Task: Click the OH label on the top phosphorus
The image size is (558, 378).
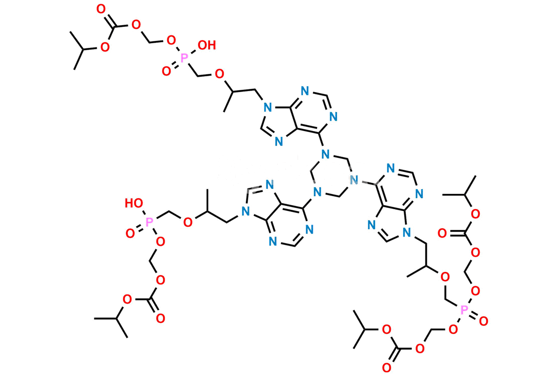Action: (x=207, y=45)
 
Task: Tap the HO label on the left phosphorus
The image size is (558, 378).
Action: (x=134, y=203)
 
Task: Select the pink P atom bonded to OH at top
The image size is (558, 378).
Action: (x=184, y=58)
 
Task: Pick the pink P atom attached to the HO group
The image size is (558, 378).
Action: (x=149, y=222)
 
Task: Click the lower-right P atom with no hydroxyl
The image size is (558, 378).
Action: (x=464, y=310)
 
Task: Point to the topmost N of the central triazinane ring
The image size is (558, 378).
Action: (x=325, y=154)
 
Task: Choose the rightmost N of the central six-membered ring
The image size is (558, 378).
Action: (x=354, y=179)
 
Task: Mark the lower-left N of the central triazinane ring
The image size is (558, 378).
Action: (x=317, y=192)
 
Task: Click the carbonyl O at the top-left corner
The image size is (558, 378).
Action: (x=101, y=9)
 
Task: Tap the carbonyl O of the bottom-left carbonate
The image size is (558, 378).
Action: (x=160, y=318)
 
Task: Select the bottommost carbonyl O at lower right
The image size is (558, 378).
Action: (x=386, y=368)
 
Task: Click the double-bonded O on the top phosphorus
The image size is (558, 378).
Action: (x=166, y=71)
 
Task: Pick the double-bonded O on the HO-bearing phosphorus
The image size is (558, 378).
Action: (x=130, y=233)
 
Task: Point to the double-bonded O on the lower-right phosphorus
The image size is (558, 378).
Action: (x=484, y=321)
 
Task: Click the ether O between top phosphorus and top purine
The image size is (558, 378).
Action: (x=219, y=74)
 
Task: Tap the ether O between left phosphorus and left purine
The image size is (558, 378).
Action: (x=188, y=222)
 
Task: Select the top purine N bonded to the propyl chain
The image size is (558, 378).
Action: (x=267, y=107)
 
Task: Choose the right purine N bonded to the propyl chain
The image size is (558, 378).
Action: (x=406, y=233)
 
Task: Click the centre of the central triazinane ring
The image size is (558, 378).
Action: (x=331, y=176)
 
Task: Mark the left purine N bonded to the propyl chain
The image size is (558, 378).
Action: (x=246, y=212)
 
